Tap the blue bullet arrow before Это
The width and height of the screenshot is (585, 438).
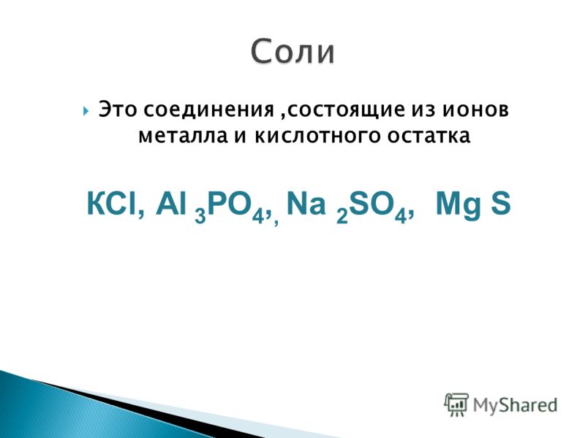86,111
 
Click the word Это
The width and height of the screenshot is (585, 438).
118,110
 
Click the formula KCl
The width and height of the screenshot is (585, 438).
112,204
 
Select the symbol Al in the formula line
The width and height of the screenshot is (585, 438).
171,204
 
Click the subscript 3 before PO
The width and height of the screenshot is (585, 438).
200,215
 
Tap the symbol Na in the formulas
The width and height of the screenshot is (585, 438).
306,204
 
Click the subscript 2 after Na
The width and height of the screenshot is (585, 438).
342,215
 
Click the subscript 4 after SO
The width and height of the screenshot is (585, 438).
400,215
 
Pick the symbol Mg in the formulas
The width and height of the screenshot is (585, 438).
458,205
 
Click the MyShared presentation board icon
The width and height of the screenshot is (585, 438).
456,404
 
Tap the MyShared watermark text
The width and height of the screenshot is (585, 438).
515,406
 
